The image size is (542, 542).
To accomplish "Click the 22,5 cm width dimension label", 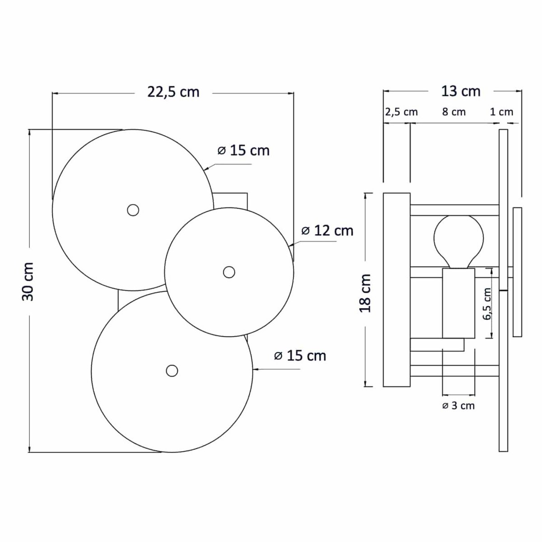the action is click(x=173, y=92).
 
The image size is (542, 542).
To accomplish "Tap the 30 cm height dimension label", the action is click(x=28, y=281).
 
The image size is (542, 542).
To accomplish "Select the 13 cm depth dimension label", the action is click(x=461, y=91).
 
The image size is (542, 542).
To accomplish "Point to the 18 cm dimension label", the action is click(x=365, y=293).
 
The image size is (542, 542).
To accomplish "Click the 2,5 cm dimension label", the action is click(x=402, y=112).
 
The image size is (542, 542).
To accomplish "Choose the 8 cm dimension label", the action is click(x=453, y=112).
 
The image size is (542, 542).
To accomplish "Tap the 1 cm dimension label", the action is click(x=501, y=112).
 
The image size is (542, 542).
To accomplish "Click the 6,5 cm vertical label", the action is click(x=486, y=304).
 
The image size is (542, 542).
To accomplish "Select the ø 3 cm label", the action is click(x=458, y=406).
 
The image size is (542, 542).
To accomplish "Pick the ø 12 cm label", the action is click(x=327, y=231).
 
